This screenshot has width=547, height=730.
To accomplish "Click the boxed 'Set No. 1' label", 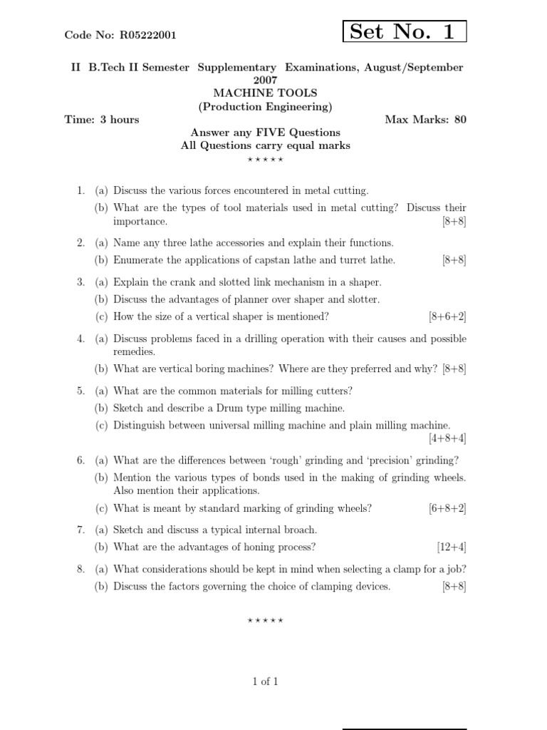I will [405, 31].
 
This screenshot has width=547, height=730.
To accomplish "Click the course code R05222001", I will [148, 34].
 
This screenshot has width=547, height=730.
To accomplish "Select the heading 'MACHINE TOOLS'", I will [266, 93].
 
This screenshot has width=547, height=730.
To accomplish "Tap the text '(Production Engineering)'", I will [265, 107].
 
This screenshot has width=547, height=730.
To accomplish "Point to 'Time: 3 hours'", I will [102, 119].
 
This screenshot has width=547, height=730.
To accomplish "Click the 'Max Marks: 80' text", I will [426, 119].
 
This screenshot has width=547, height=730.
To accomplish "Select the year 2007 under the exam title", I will [265, 80].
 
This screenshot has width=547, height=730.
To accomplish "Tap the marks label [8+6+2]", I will [447, 317].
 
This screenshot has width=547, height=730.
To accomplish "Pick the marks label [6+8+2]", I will [447, 508].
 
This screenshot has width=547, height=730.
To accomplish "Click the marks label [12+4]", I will [452, 547].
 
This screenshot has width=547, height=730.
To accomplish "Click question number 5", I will [80, 391].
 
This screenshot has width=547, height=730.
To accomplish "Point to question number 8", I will [80, 569].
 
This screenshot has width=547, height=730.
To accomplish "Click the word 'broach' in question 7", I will [300, 530].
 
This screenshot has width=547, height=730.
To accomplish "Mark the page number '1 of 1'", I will [265, 682].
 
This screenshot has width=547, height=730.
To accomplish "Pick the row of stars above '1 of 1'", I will [265, 621].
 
